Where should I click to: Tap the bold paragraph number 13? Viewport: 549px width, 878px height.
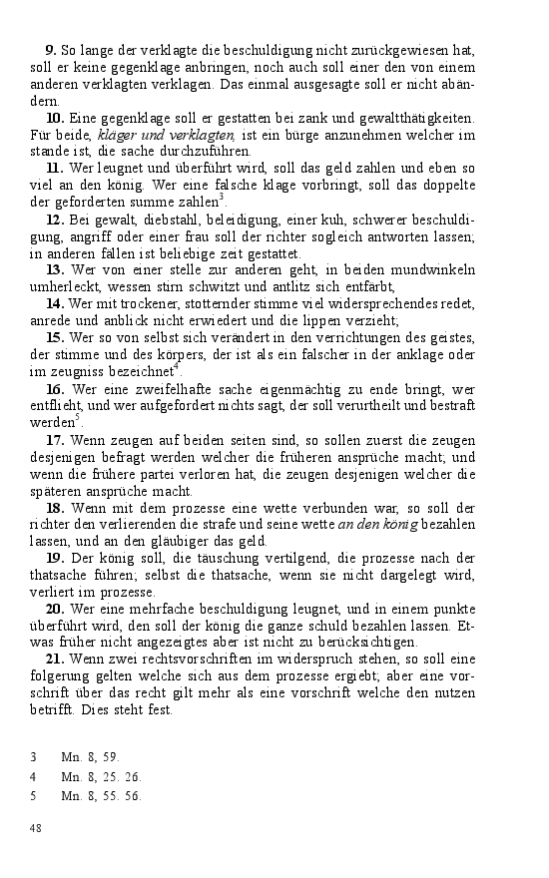[x=55, y=269]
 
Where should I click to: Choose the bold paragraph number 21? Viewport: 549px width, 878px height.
[x=55, y=660]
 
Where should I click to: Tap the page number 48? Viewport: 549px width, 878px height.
[x=36, y=829]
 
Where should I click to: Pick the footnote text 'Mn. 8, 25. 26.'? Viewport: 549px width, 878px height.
[x=101, y=776]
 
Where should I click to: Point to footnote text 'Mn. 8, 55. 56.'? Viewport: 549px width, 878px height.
[x=101, y=795]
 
